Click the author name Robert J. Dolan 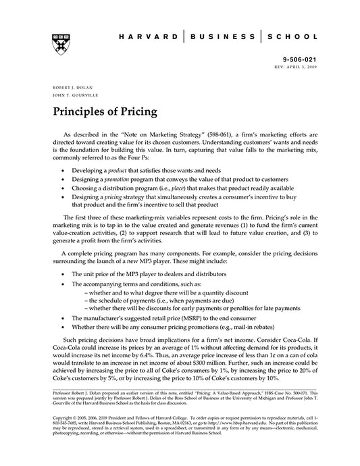coord(68,89)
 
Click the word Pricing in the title coord(136,111)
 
